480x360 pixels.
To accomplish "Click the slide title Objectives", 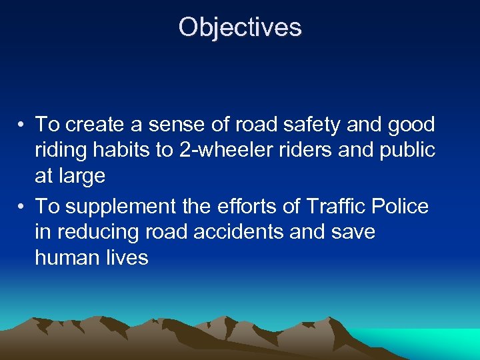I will point(240,27).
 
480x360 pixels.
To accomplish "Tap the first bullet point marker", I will point(22,125).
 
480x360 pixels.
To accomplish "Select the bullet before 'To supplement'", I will point(22,207).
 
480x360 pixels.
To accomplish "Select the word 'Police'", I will point(402,207).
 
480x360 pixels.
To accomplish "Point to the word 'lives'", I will point(127,258).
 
